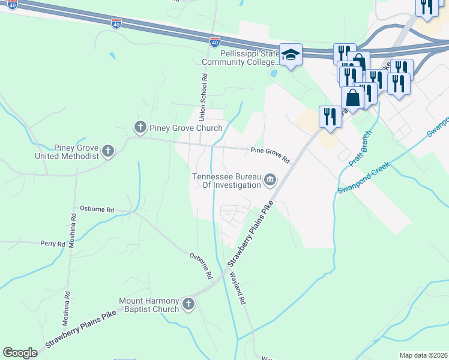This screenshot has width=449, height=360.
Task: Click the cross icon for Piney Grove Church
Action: [140, 127]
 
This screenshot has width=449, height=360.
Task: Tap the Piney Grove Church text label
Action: [186, 127]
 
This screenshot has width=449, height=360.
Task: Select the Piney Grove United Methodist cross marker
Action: [108, 151]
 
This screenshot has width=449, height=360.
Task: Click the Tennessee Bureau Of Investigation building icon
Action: [270, 180]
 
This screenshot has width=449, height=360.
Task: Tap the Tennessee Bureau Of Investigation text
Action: [227, 181]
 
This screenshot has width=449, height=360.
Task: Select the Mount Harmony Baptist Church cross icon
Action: [188, 304]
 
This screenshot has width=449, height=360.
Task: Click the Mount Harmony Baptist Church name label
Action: [149, 305]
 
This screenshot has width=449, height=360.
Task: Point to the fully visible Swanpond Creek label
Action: [364, 177]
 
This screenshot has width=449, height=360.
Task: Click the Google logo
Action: [20, 353]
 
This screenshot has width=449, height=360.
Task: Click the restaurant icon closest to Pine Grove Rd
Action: [330, 116]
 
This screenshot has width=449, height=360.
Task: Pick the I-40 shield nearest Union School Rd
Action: [215, 42]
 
